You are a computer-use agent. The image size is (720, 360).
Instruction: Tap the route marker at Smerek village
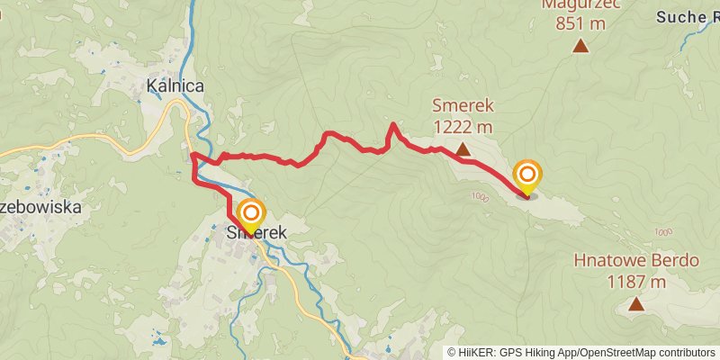point(251,214)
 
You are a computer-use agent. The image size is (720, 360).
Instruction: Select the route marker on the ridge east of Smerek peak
point(527,175)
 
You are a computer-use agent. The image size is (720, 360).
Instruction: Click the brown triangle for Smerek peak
point(463,149)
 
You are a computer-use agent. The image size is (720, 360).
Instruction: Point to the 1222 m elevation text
point(463,127)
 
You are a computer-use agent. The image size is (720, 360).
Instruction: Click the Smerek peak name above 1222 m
point(463,105)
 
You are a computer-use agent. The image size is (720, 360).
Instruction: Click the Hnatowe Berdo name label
point(636,261)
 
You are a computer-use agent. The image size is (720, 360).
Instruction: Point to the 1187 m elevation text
point(636,281)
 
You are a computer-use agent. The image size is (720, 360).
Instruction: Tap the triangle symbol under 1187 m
point(636,304)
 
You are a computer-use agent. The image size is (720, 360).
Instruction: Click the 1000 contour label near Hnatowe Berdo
point(664,232)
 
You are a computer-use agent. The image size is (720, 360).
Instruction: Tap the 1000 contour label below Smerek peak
point(478,197)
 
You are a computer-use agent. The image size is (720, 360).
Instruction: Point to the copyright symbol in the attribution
point(452,353)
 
